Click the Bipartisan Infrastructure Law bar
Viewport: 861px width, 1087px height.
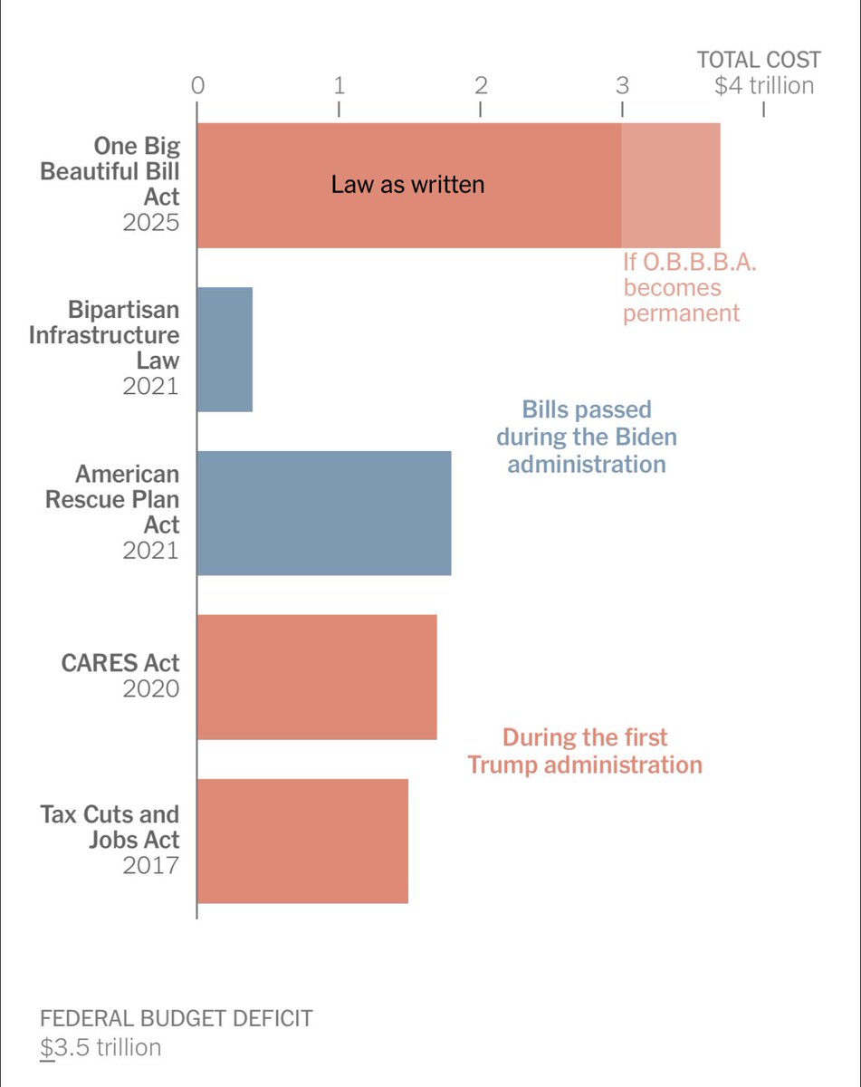coord(225,350)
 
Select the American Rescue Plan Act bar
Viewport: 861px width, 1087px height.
coord(324,513)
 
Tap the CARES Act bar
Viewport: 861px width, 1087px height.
coord(317,677)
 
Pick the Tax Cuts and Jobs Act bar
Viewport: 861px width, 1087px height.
coord(302,841)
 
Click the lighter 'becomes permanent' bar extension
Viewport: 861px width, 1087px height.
coord(671,186)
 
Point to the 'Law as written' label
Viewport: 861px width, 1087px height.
coord(407,185)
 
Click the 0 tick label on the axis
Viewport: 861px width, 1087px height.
coord(197,86)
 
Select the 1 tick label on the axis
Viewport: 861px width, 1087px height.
coord(339,86)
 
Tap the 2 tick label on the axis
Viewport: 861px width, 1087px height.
coord(481,86)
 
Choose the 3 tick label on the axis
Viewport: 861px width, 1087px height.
coord(622,86)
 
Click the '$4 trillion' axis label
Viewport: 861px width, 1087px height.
coord(764,86)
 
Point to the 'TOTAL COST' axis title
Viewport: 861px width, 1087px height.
coord(759,61)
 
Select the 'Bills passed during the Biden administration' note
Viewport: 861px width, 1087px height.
coord(587,437)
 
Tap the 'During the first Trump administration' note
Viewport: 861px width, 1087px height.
coord(585,751)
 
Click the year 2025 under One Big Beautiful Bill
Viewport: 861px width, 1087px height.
coord(151,223)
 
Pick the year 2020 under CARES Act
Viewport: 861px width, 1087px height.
coord(151,688)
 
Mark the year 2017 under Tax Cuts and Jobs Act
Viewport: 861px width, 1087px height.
coord(151,865)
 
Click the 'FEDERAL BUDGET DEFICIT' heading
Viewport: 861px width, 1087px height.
coord(177,1018)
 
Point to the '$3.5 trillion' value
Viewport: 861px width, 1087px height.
coord(101,1047)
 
